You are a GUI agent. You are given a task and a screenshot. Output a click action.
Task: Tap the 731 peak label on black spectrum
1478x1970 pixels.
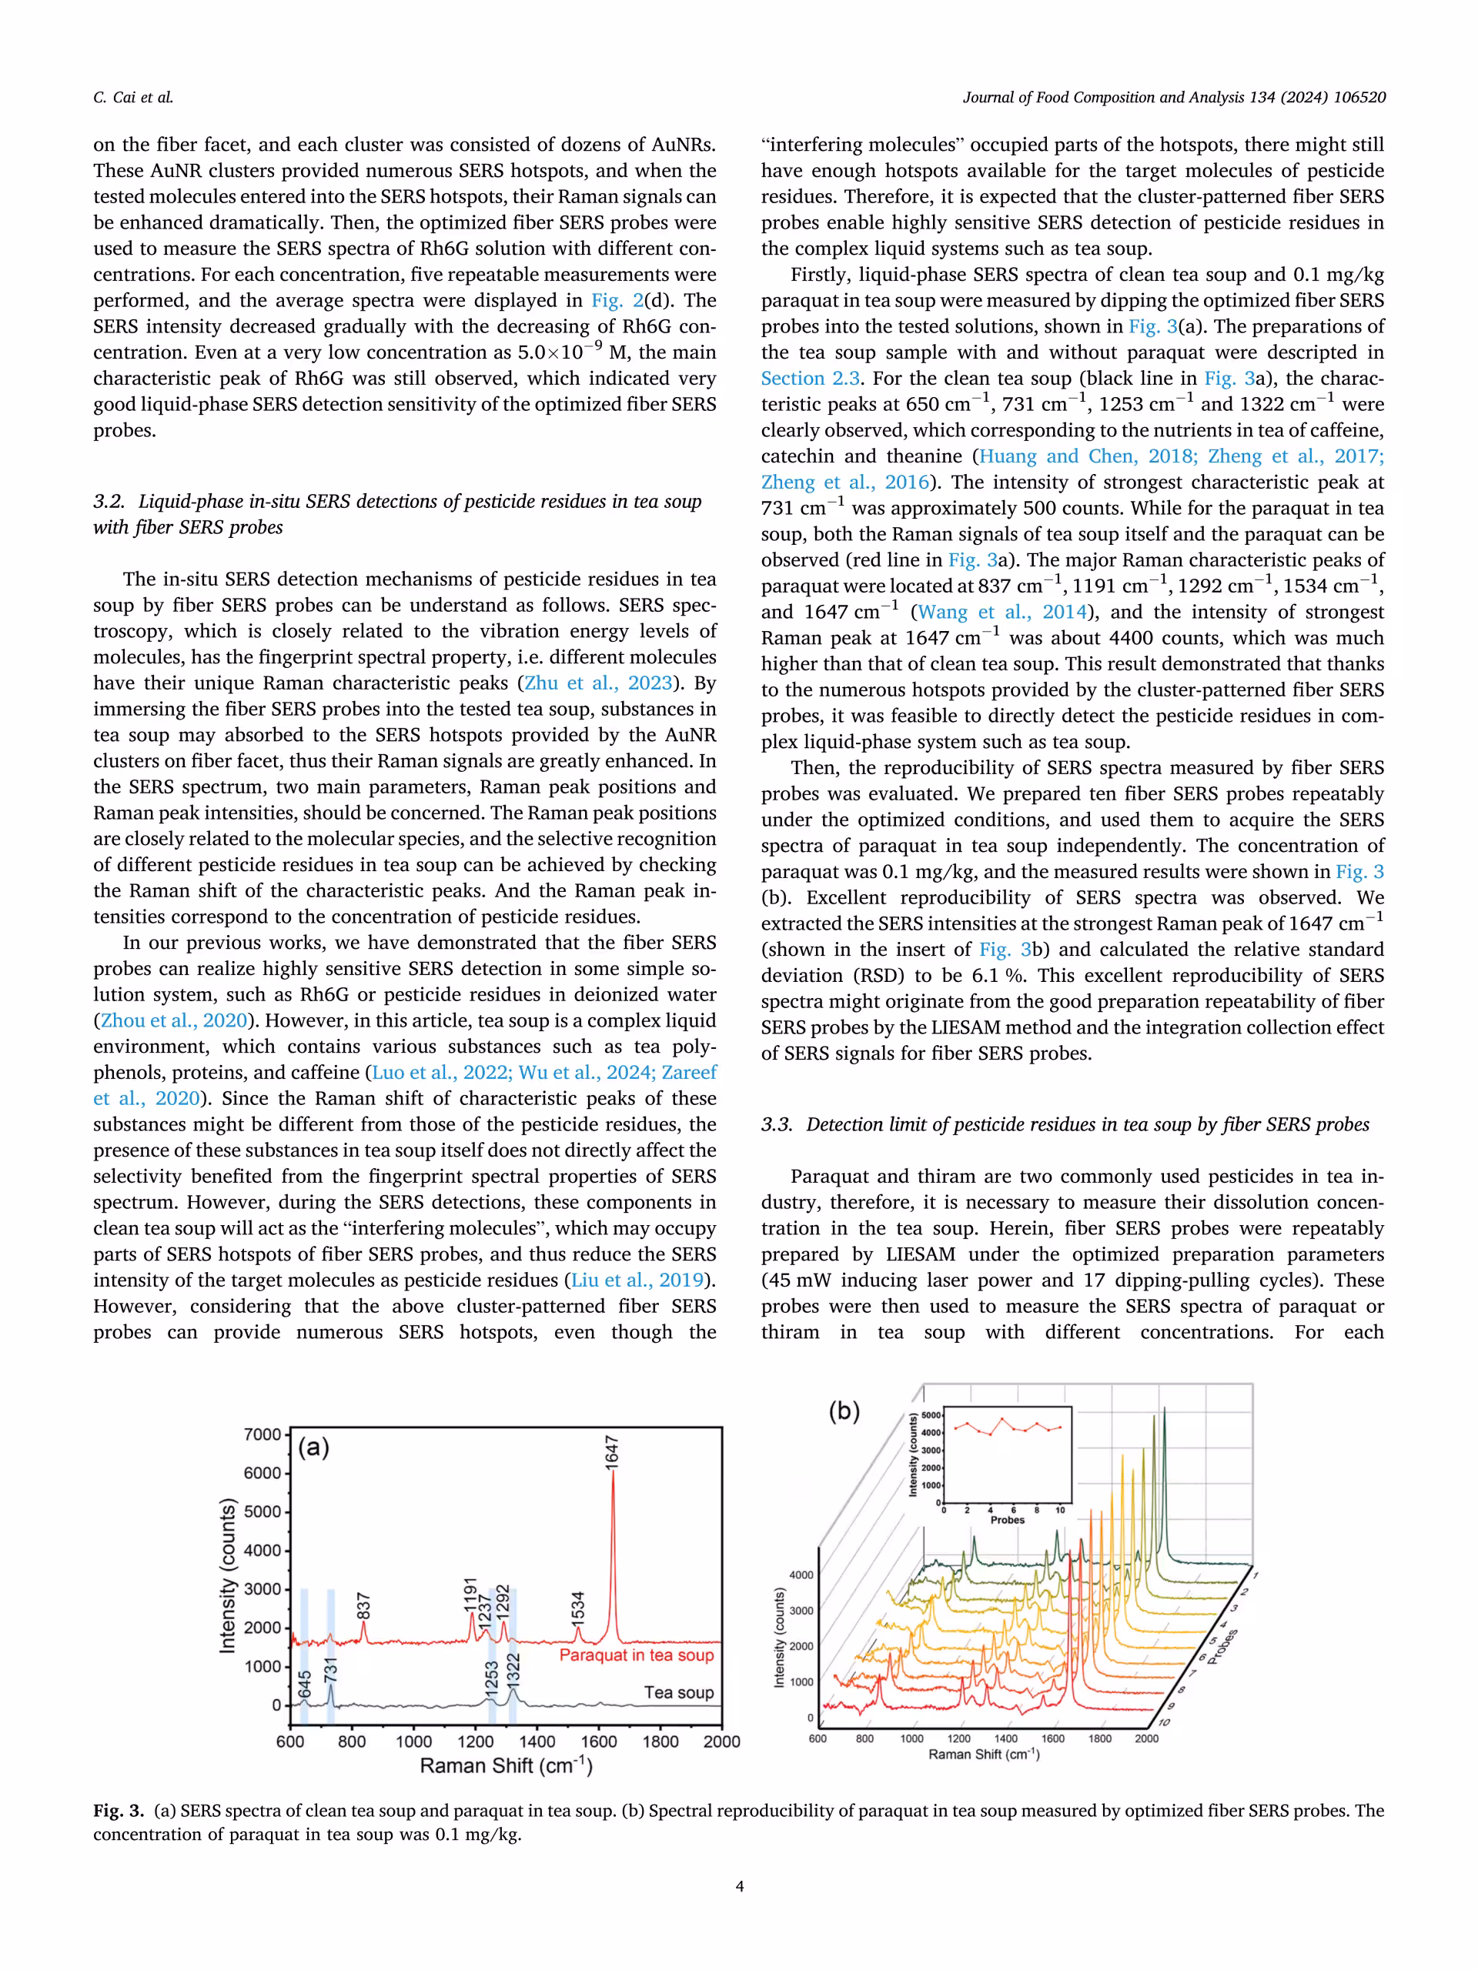point(330,1668)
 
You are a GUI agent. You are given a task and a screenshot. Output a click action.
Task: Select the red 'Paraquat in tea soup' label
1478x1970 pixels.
point(636,1654)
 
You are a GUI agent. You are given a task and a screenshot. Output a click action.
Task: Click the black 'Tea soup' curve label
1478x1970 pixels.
point(678,1692)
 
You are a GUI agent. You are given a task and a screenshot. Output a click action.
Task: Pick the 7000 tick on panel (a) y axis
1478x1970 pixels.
point(262,1434)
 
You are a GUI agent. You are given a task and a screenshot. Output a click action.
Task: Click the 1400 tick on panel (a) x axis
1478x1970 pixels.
point(537,1741)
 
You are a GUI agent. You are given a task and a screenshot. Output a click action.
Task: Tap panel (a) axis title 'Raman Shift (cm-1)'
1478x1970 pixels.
point(506,1766)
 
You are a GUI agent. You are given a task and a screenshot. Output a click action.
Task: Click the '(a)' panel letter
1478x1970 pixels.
point(313,1447)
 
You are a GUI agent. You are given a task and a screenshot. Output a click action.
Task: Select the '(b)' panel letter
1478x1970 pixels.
point(844,1411)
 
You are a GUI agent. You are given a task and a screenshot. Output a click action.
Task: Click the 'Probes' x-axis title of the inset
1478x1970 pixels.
point(1007,1521)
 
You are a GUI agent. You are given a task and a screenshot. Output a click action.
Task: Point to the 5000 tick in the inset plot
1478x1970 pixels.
point(930,1415)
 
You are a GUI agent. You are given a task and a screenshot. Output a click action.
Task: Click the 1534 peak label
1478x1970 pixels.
point(578,1606)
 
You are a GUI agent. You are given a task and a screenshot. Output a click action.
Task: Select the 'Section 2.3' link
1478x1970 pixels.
point(810,379)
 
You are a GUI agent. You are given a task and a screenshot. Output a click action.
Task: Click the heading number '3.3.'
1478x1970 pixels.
point(776,1125)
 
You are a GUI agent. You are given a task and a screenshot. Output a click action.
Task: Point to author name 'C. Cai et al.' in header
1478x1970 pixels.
point(134,98)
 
